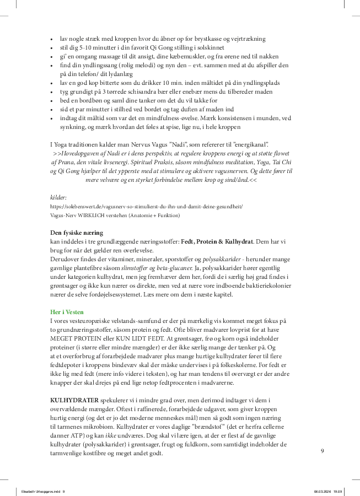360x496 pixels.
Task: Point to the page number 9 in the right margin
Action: click(323, 451)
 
